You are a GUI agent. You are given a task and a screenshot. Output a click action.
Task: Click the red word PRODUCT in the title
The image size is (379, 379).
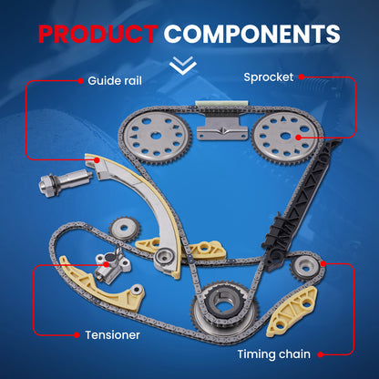[97, 34]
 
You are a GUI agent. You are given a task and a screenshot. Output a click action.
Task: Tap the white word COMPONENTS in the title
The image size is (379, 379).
[252, 34]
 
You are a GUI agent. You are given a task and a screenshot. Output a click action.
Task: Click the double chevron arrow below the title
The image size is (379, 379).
[183, 66]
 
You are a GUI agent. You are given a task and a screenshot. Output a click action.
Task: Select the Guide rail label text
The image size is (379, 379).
[115, 81]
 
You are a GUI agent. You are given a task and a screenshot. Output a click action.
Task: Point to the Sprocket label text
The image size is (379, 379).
[269, 77]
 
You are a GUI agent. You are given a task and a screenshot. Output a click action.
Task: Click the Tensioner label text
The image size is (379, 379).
[112, 335]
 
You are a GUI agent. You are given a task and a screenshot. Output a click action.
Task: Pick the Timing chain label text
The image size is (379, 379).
[274, 354]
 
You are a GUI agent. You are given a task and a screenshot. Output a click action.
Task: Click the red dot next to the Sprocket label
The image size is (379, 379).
[302, 77]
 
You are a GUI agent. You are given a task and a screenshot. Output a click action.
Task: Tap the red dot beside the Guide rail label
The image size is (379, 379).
[80, 81]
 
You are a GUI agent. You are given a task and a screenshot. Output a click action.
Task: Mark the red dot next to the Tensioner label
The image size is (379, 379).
[77, 335]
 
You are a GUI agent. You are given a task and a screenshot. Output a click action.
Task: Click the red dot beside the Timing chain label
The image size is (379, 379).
[321, 354]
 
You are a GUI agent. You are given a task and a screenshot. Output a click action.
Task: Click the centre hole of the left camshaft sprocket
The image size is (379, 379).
[156, 136]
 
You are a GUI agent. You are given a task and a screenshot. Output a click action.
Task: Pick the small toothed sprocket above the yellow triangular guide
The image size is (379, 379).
[125, 230]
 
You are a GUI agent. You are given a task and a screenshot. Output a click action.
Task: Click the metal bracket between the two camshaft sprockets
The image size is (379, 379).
[222, 128]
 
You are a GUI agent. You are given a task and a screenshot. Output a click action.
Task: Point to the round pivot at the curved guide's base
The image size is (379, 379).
[164, 258]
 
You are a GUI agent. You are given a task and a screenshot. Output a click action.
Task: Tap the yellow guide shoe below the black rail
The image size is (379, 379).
[292, 312]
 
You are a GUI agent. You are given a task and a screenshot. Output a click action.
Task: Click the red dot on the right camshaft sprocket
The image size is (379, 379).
[298, 138]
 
